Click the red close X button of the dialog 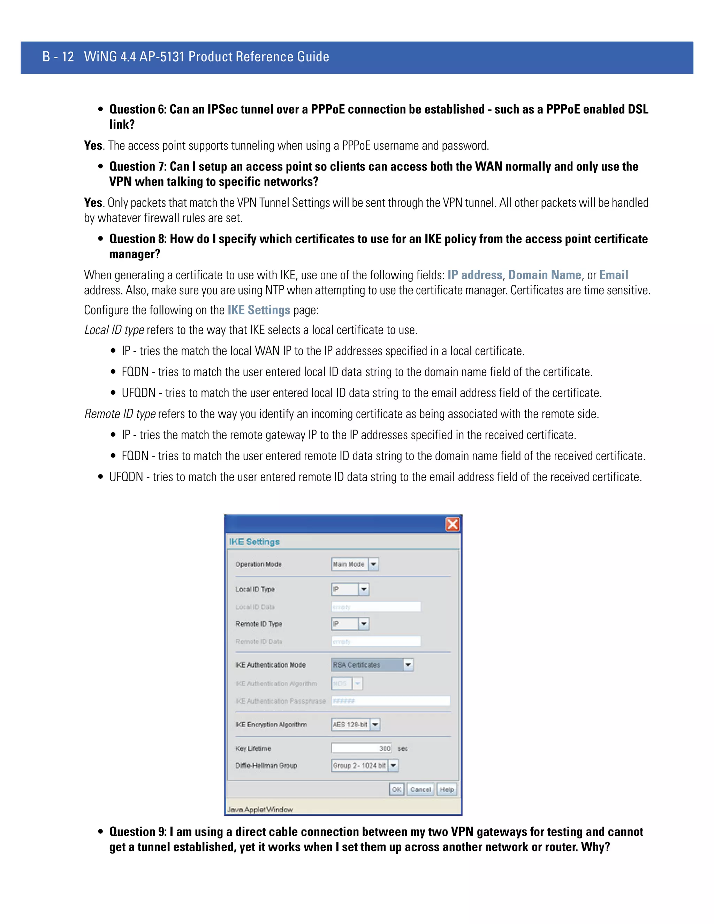click(x=452, y=525)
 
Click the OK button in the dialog click(x=396, y=789)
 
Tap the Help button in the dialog click(x=447, y=789)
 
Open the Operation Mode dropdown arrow click(x=373, y=565)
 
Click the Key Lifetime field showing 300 click(x=361, y=748)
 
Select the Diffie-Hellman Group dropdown click(x=365, y=765)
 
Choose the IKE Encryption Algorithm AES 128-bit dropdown click(x=355, y=725)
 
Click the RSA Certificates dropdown click(x=372, y=665)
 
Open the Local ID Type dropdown click(x=350, y=589)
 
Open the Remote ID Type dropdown click(x=350, y=624)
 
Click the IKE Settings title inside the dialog click(x=254, y=542)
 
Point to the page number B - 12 click(x=58, y=57)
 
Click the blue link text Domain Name click(x=544, y=275)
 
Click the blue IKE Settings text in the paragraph click(x=258, y=310)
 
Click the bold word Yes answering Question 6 click(x=93, y=145)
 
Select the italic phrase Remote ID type click(x=120, y=414)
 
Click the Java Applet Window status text click(x=260, y=809)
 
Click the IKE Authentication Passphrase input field click(x=390, y=701)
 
